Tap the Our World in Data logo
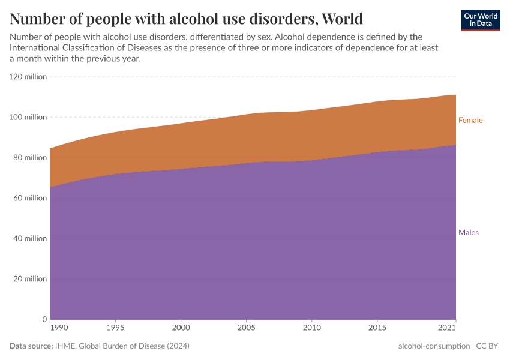(481, 20)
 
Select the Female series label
(470, 120)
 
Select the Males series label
(468, 232)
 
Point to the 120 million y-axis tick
(28, 77)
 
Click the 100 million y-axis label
(28, 117)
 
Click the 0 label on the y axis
(44, 319)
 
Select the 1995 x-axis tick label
(115, 328)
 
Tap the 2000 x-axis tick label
(181, 328)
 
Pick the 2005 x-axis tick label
(246, 328)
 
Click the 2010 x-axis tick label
(311, 328)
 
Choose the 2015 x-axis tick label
(377, 328)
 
